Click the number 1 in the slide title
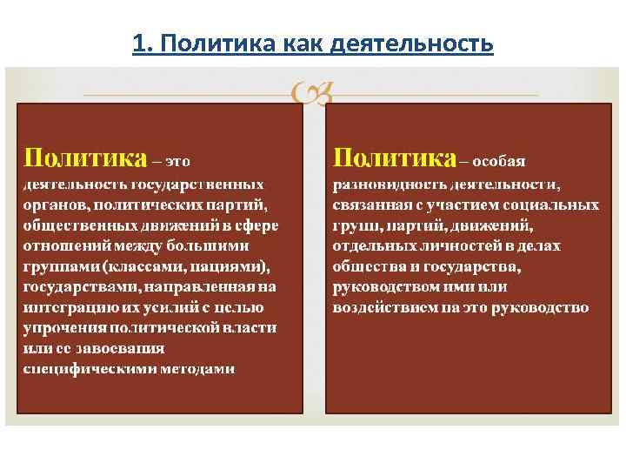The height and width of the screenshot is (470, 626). click(137, 43)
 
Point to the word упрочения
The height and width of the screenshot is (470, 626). click(61, 328)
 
